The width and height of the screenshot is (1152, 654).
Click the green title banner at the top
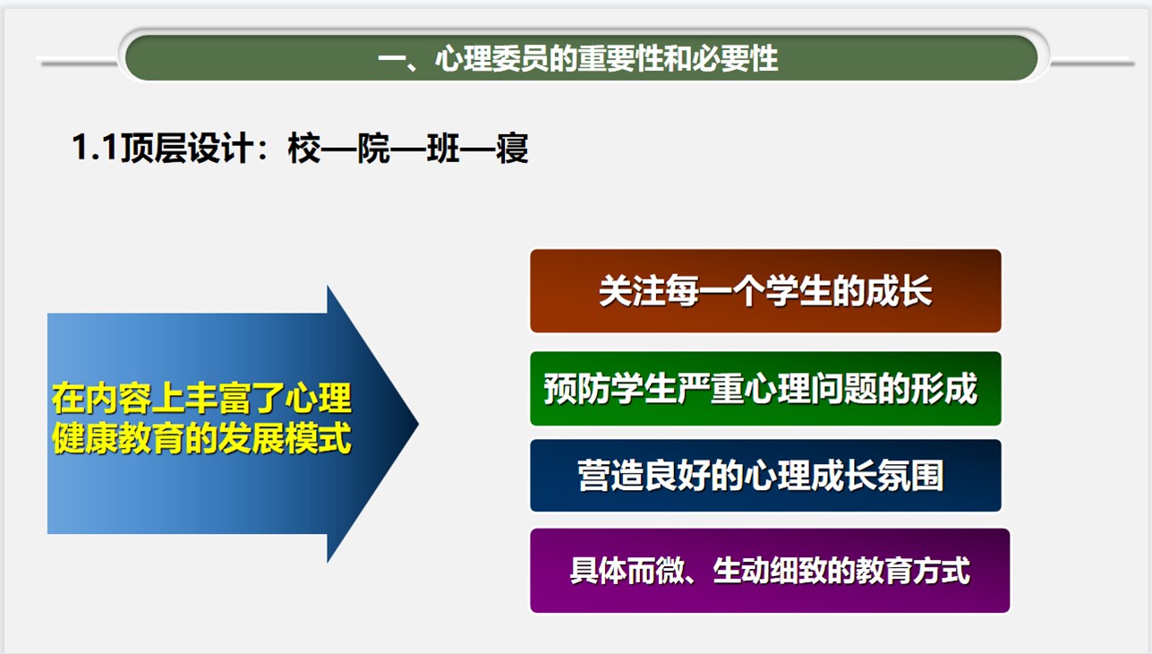581,57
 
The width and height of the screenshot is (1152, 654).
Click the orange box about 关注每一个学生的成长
765,291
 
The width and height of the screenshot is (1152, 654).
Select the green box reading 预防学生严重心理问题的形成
765,389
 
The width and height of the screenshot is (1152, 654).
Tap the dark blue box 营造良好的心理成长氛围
765,476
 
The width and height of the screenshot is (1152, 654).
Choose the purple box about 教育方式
770,570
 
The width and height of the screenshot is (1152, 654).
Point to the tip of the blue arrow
419,424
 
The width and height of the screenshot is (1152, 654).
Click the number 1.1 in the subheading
95,148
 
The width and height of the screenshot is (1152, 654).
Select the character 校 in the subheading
304,149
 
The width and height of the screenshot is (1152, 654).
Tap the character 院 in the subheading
374,149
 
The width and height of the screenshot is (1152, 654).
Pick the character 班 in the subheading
443,149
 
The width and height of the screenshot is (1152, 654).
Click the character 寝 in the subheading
512,149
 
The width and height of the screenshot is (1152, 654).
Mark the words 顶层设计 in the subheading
187,149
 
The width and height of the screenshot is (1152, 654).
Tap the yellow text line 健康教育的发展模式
201,438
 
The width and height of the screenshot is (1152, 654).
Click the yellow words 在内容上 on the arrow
118,399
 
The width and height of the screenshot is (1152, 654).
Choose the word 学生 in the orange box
798,291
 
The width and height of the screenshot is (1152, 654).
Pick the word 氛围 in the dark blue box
911,476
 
